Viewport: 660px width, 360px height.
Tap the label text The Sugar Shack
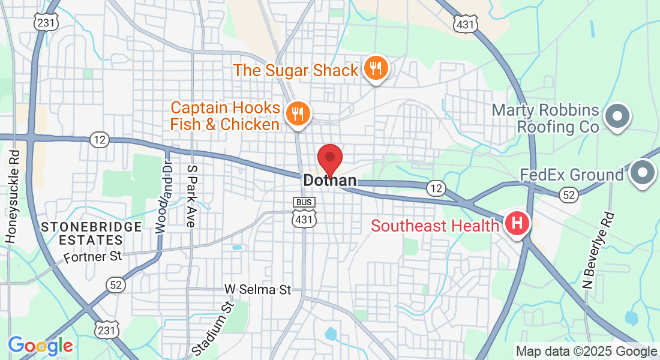tap(295, 71)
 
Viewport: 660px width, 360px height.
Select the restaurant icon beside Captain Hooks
tap(296, 113)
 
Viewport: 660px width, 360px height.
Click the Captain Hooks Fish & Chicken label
tap(225, 116)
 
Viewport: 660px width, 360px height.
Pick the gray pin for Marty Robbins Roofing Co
tap(617, 115)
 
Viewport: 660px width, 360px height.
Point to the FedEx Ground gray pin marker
tap(643, 172)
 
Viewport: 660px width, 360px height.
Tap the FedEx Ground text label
tap(571, 175)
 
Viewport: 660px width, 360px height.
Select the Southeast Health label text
tap(434, 226)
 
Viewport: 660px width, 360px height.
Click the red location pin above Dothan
tap(329, 158)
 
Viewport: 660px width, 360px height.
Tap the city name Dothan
tap(329, 180)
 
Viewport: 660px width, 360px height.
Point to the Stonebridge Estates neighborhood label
tap(92, 233)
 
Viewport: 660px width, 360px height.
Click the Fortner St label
tap(93, 257)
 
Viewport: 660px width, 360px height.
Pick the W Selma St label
tap(257, 290)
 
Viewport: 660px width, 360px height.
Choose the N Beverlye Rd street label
tap(599, 249)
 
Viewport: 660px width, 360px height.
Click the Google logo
tap(40, 346)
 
